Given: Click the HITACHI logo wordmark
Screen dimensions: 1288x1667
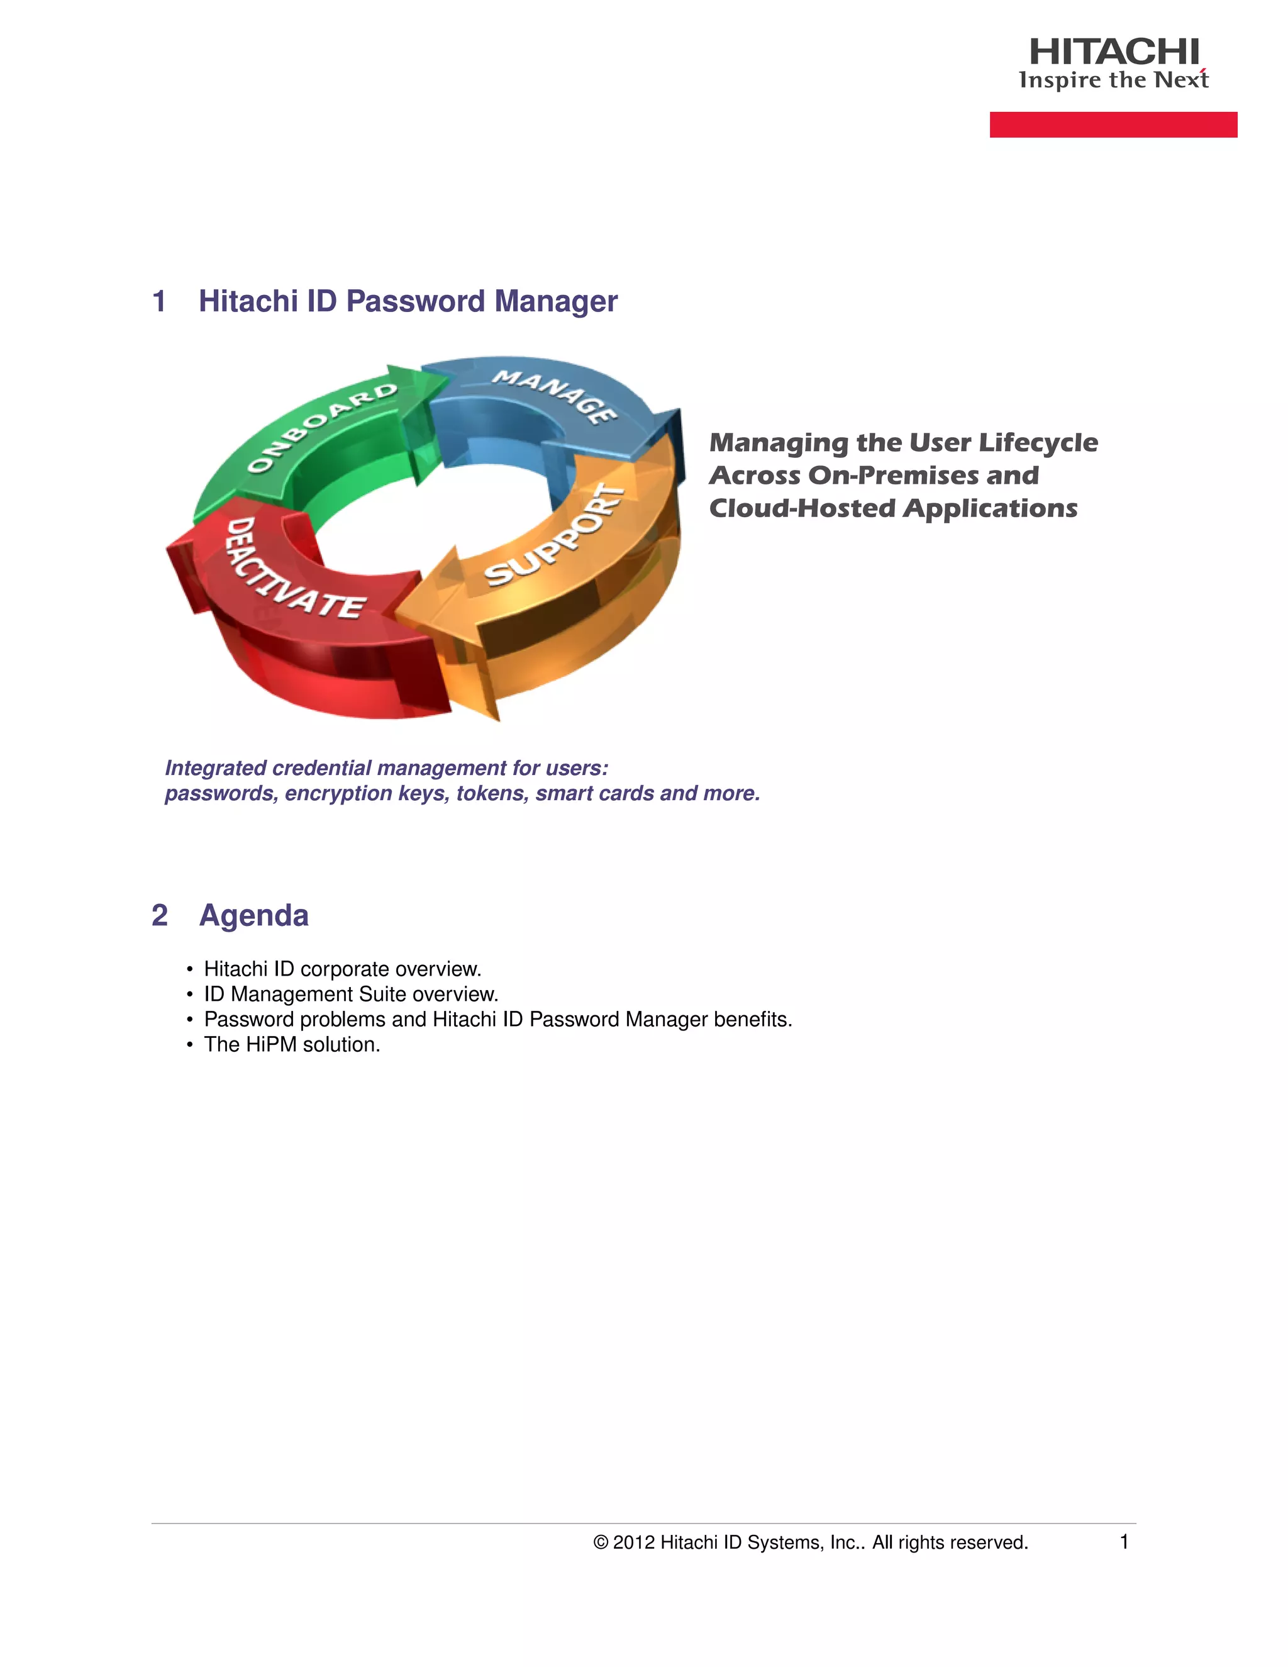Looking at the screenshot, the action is pyautogui.click(x=1113, y=52).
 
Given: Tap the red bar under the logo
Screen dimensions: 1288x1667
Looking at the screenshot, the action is pyautogui.click(x=1113, y=125).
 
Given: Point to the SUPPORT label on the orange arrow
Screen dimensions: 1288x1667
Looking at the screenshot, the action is pyautogui.click(x=555, y=536).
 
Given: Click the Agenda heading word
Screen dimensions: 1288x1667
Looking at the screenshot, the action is pyautogui.click(x=253, y=915).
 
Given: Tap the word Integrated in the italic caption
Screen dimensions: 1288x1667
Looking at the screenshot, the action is pyautogui.click(x=215, y=768).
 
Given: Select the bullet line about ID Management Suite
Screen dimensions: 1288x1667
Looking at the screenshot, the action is pyautogui.click(x=351, y=995).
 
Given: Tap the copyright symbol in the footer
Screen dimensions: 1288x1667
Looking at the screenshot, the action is pyautogui.click(x=601, y=1542).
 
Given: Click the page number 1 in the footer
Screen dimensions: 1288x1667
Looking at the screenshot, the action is pyautogui.click(x=1123, y=1542).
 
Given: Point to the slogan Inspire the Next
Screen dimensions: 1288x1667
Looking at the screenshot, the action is pyautogui.click(x=1113, y=80).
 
